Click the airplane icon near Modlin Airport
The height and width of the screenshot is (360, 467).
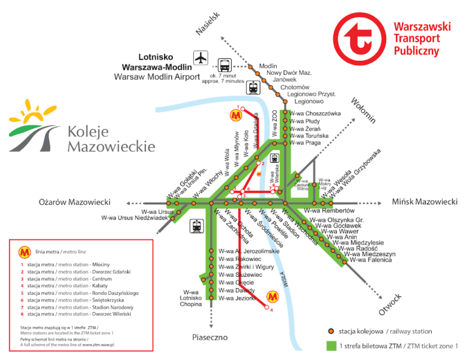201,58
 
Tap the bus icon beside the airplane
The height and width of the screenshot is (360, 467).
224,64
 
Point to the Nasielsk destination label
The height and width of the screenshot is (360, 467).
207,24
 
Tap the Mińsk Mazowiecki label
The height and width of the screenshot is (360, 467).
424,202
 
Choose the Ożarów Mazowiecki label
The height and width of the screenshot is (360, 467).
74,202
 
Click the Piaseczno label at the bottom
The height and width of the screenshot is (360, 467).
210,337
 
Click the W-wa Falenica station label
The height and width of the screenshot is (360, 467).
370,260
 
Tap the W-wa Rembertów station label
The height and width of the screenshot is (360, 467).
333,211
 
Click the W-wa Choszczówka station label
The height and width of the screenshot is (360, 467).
315,114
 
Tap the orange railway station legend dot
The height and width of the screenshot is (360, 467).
330,331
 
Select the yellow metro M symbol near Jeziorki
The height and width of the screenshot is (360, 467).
272,296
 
